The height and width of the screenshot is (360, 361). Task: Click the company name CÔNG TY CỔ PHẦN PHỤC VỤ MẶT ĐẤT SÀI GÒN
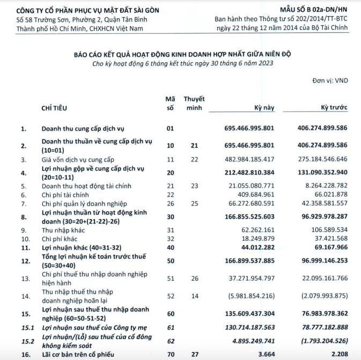point(76,9)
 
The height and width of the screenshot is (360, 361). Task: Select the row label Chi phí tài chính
point(68,194)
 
